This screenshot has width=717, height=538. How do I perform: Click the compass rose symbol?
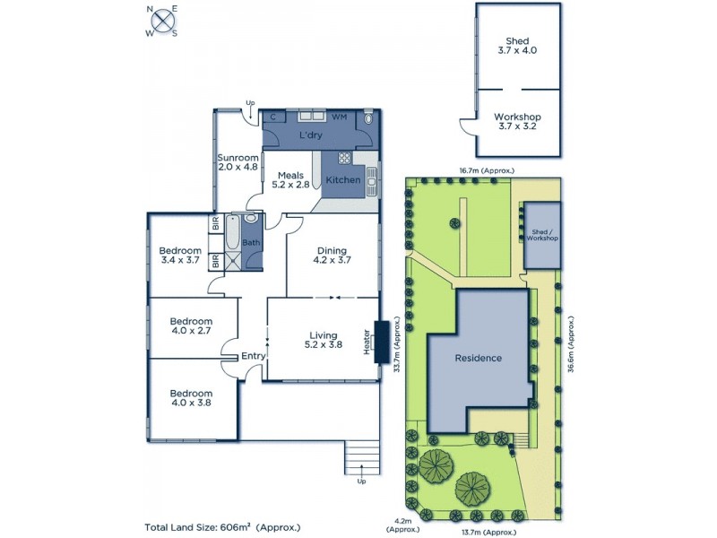click(162, 21)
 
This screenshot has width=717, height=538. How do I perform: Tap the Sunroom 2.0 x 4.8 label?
click(238, 161)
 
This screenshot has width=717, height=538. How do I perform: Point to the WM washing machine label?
click(339, 117)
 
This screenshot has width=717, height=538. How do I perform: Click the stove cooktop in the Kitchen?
click(344, 162)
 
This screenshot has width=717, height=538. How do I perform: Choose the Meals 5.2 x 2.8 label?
click(290, 179)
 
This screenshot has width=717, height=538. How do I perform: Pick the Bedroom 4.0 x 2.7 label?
click(192, 326)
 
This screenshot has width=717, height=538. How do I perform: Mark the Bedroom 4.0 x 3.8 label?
click(192, 398)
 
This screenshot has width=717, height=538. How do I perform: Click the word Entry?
click(252, 356)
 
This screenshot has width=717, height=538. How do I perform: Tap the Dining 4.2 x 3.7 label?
click(331, 256)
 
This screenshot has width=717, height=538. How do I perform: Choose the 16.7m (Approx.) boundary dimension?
click(486, 169)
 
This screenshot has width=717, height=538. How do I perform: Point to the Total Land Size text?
click(222, 527)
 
